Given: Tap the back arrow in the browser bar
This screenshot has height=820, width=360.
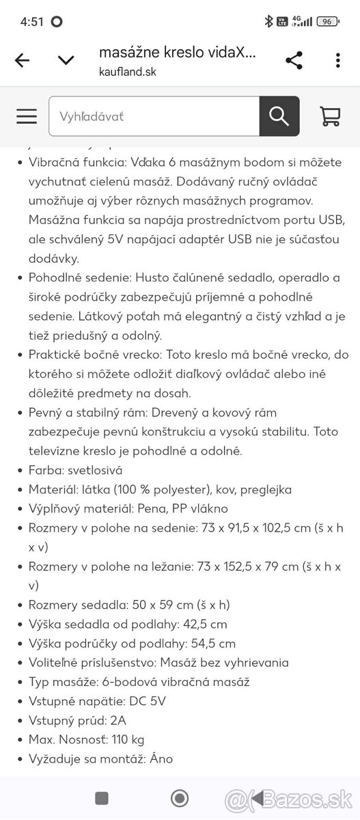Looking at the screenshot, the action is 22,60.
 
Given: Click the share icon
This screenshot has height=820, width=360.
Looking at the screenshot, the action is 294,60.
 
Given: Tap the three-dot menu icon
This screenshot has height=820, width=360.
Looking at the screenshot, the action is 337,60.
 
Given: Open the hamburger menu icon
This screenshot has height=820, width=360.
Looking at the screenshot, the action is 27,116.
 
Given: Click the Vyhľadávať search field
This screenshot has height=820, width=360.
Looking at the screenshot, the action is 154,116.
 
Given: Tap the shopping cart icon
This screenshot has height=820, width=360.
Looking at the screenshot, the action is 330,116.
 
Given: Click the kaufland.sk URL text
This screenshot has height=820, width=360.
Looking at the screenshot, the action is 128,72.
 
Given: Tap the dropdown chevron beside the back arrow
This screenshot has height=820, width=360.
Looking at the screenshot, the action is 66,60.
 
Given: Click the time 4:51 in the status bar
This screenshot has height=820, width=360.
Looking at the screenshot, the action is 31,21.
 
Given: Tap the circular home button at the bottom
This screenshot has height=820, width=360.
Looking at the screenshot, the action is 180,797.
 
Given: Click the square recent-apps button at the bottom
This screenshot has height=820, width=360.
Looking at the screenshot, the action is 102,797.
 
